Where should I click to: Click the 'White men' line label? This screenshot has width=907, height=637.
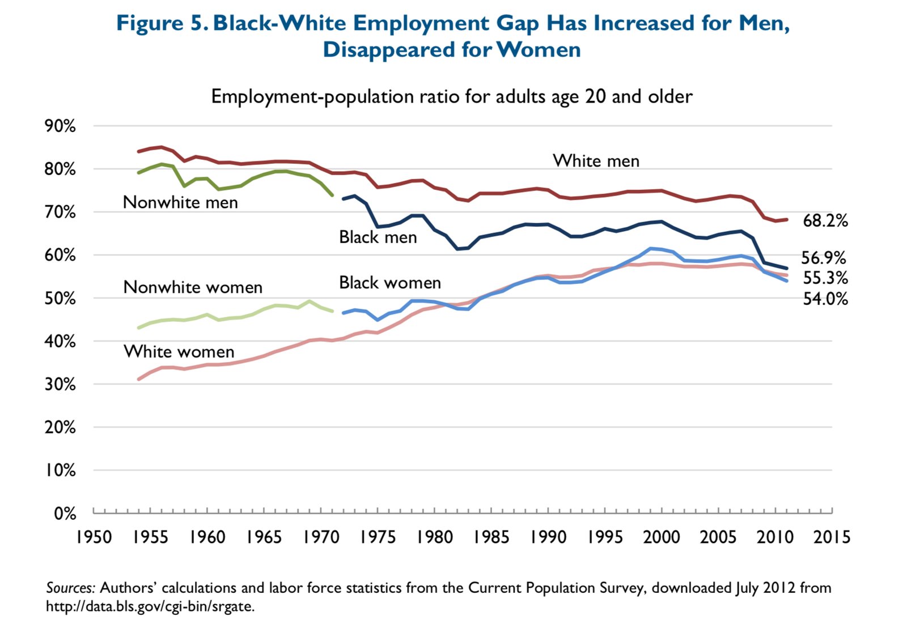tap(596, 161)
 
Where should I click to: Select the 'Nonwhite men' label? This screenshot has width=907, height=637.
tap(180, 202)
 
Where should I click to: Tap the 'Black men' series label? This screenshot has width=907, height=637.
tap(378, 237)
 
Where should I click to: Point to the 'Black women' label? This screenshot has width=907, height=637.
tap(389, 282)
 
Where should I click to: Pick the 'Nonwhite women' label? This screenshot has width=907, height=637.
tap(193, 287)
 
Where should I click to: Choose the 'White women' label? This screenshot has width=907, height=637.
tap(179, 352)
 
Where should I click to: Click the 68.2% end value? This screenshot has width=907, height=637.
tap(825, 220)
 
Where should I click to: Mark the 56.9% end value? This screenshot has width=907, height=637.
tap(823, 258)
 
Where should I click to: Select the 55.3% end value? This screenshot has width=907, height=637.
tap(825, 278)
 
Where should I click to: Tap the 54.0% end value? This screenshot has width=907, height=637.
tap(825, 299)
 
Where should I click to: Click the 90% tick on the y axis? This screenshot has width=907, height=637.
tap(60, 126)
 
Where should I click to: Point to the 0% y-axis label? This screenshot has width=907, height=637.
tap(65, 513)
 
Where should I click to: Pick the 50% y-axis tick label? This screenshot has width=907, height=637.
tap(60, 299)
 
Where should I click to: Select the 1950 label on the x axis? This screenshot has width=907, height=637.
tap(94, 537)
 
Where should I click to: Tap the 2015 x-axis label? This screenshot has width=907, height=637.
tap(832, 537)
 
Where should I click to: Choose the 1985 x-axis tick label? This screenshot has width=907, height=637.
tap(491, 537)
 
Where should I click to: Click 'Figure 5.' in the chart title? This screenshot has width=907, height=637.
tap(163, 23)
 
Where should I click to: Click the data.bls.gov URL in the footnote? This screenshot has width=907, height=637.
tap(150, 606)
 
